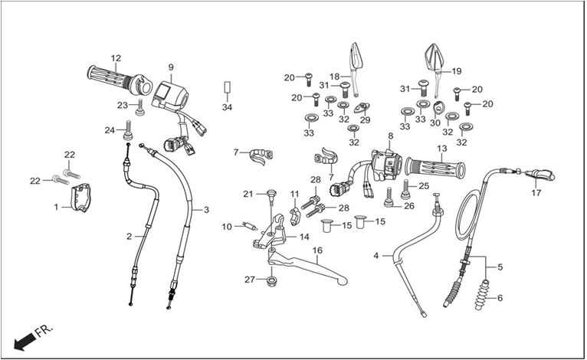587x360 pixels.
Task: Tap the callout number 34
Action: [x=228, y=107]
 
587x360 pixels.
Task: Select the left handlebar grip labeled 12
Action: [x=120, y=80]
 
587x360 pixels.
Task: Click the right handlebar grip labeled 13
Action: [x=435, y=167]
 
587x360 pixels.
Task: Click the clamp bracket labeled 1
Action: [x=81, y=197]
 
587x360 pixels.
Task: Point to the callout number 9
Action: [x=171, y=67]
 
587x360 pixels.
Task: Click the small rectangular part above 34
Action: [x=227, y=87]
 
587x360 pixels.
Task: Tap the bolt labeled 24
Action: [x=128, y=129]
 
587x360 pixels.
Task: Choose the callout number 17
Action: [x=536, y=193]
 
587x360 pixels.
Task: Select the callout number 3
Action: [x=206, y=210]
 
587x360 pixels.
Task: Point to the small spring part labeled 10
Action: [x=250, y=226]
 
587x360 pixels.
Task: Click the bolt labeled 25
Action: [x=405, y=189]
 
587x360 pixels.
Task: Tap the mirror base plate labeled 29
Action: [x=361, y=107]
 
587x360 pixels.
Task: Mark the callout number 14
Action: [x=304, y=237]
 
